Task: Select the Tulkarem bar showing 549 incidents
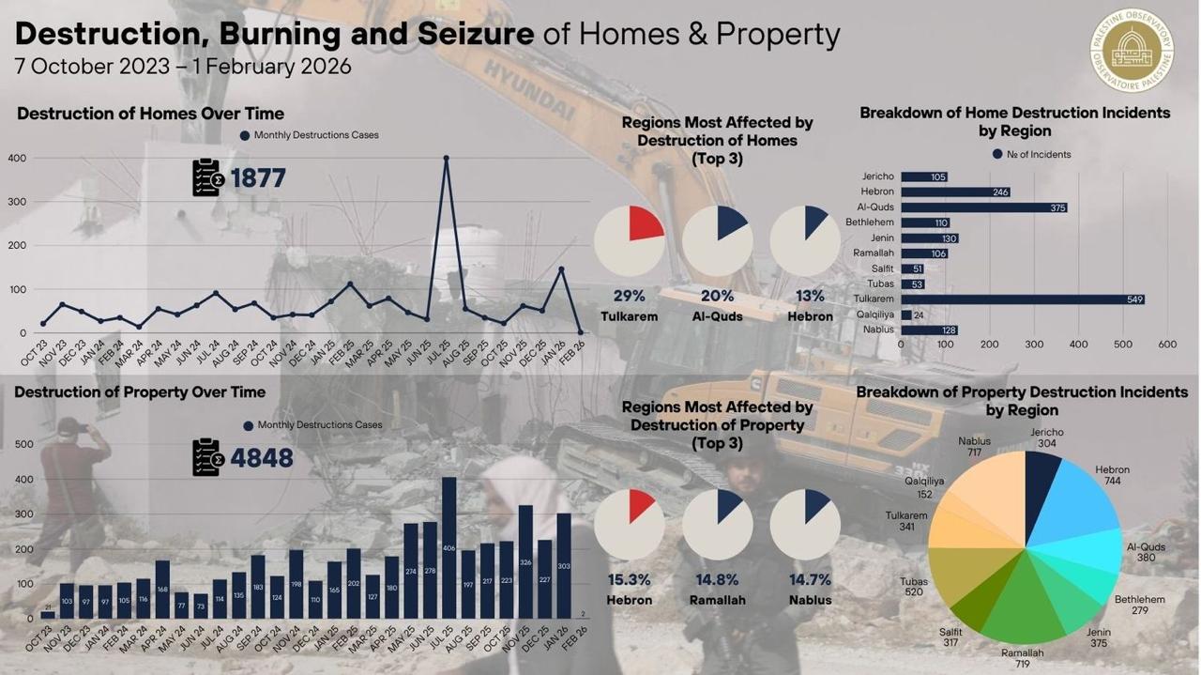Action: pos(1022,299)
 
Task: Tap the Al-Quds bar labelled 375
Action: pos(983,207)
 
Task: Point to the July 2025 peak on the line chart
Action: pos(446,159)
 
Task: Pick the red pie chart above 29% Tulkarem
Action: pos(630,240)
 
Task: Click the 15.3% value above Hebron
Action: pos(630,579)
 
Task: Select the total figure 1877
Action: pos(257,178)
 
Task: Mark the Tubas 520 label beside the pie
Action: pos(914,587)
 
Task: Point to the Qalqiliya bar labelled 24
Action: pos(905,315)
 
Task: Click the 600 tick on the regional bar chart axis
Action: pos(1167,345)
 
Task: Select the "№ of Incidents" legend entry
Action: pos(1031,154)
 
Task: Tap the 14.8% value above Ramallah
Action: pos(718,579)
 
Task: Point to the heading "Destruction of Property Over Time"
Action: pos(140,391)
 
